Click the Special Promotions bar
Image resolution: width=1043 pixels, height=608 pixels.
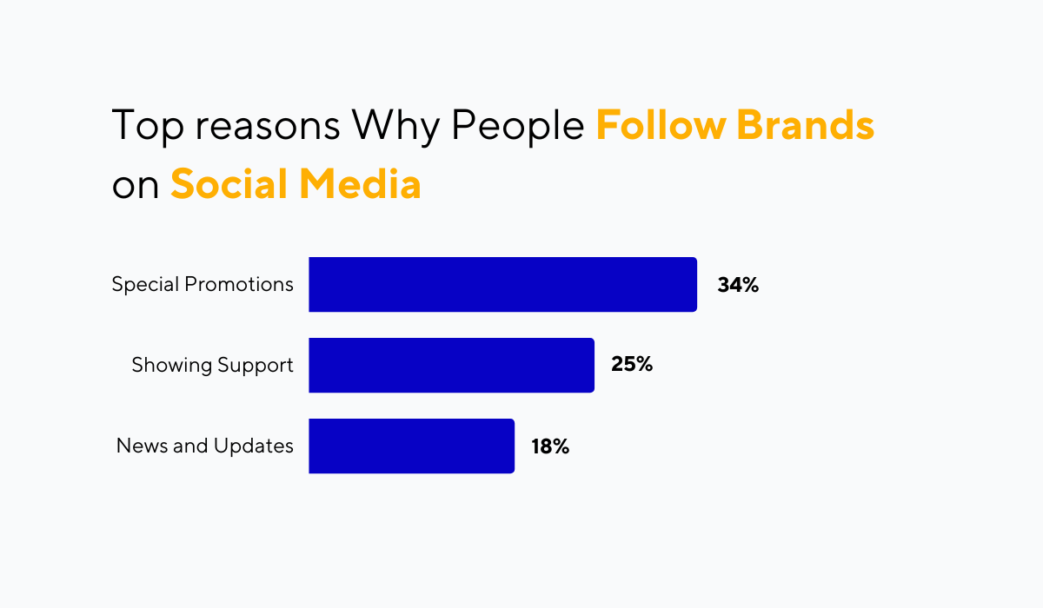pyautogui.click(x=503, y=284)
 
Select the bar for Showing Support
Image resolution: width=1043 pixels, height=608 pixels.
pyautogui.click(x=452, y=365)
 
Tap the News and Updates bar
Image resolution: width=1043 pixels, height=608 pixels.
pyautogui.click(x=412, y=446)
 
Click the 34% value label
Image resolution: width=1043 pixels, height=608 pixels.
pyautogui.click(x=738, y=285)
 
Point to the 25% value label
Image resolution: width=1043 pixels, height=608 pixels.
pyautogui.click(x=632, y=364)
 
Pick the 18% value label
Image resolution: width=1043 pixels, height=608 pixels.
pyautogui.click(x=550, y=446)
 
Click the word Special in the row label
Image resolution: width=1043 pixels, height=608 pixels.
pyautogui.click(x=145, y=284)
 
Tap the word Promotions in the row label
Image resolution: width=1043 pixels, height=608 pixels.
pyautogui.click(x=239, y=284)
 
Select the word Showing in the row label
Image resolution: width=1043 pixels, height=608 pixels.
pyautogui.click(x=172, y=365)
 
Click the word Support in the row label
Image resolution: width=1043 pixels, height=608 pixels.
pyautogui.click(x=256, y=366)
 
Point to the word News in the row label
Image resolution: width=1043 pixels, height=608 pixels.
pyautogui.click(x=142, y=446)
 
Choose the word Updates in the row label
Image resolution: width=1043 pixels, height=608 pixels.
pyautogui.click(x=253, y=446)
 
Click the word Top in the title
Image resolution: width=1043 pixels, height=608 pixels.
pyautogui.click(x=148, y=126)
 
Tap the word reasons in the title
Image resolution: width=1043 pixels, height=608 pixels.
pyautogui.click(x=268, y=127)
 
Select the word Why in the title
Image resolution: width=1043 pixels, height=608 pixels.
pyautogui.click(x=395, y=127)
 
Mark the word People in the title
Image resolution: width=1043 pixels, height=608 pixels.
pyautogui.click(x=518, y=126)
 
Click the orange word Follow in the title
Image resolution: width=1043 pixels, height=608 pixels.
pyautogui.click(x=661, y=124)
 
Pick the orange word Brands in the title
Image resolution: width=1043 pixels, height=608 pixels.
pyautogui.click(x=806, y=124)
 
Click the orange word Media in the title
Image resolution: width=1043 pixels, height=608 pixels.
pyautogui.click(x=360, y=183)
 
